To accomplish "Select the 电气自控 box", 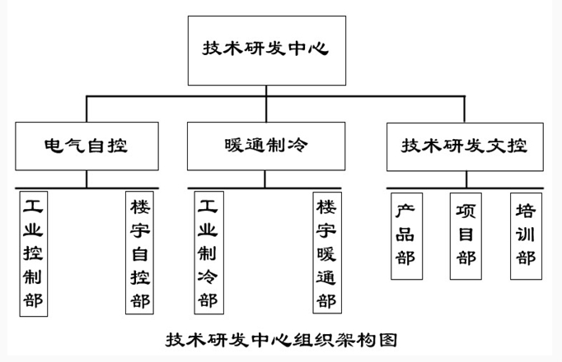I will point(87,146).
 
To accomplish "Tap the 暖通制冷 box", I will point(265,146).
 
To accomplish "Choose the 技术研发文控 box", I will point(465,146).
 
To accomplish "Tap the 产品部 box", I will point(405,235).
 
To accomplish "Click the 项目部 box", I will point(466,235).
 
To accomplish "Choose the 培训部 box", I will point(525,235).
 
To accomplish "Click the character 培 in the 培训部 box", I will point(525,210).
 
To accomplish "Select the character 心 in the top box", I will point(321,49).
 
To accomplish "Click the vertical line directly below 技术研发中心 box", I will point(265,91).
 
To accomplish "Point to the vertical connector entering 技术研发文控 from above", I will point(465,110).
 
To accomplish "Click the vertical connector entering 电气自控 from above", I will point(87,110).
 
